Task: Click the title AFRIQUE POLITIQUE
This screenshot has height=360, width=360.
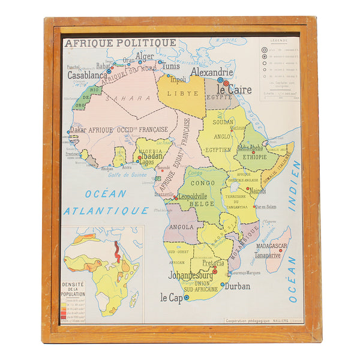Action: (121, 43)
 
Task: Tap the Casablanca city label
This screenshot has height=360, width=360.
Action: (88, 76)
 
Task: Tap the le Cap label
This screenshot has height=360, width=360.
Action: (171, 297)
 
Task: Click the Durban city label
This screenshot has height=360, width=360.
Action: (238, 286)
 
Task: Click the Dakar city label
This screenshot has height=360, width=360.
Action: (78, 129)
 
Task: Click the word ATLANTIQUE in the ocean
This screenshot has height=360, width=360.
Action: (106, 211)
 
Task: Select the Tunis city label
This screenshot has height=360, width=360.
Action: (170, 66)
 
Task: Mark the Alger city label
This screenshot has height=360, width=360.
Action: (145, 56)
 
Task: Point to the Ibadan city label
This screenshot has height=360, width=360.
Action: (152, 155)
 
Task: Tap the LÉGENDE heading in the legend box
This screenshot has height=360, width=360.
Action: (278, 41)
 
